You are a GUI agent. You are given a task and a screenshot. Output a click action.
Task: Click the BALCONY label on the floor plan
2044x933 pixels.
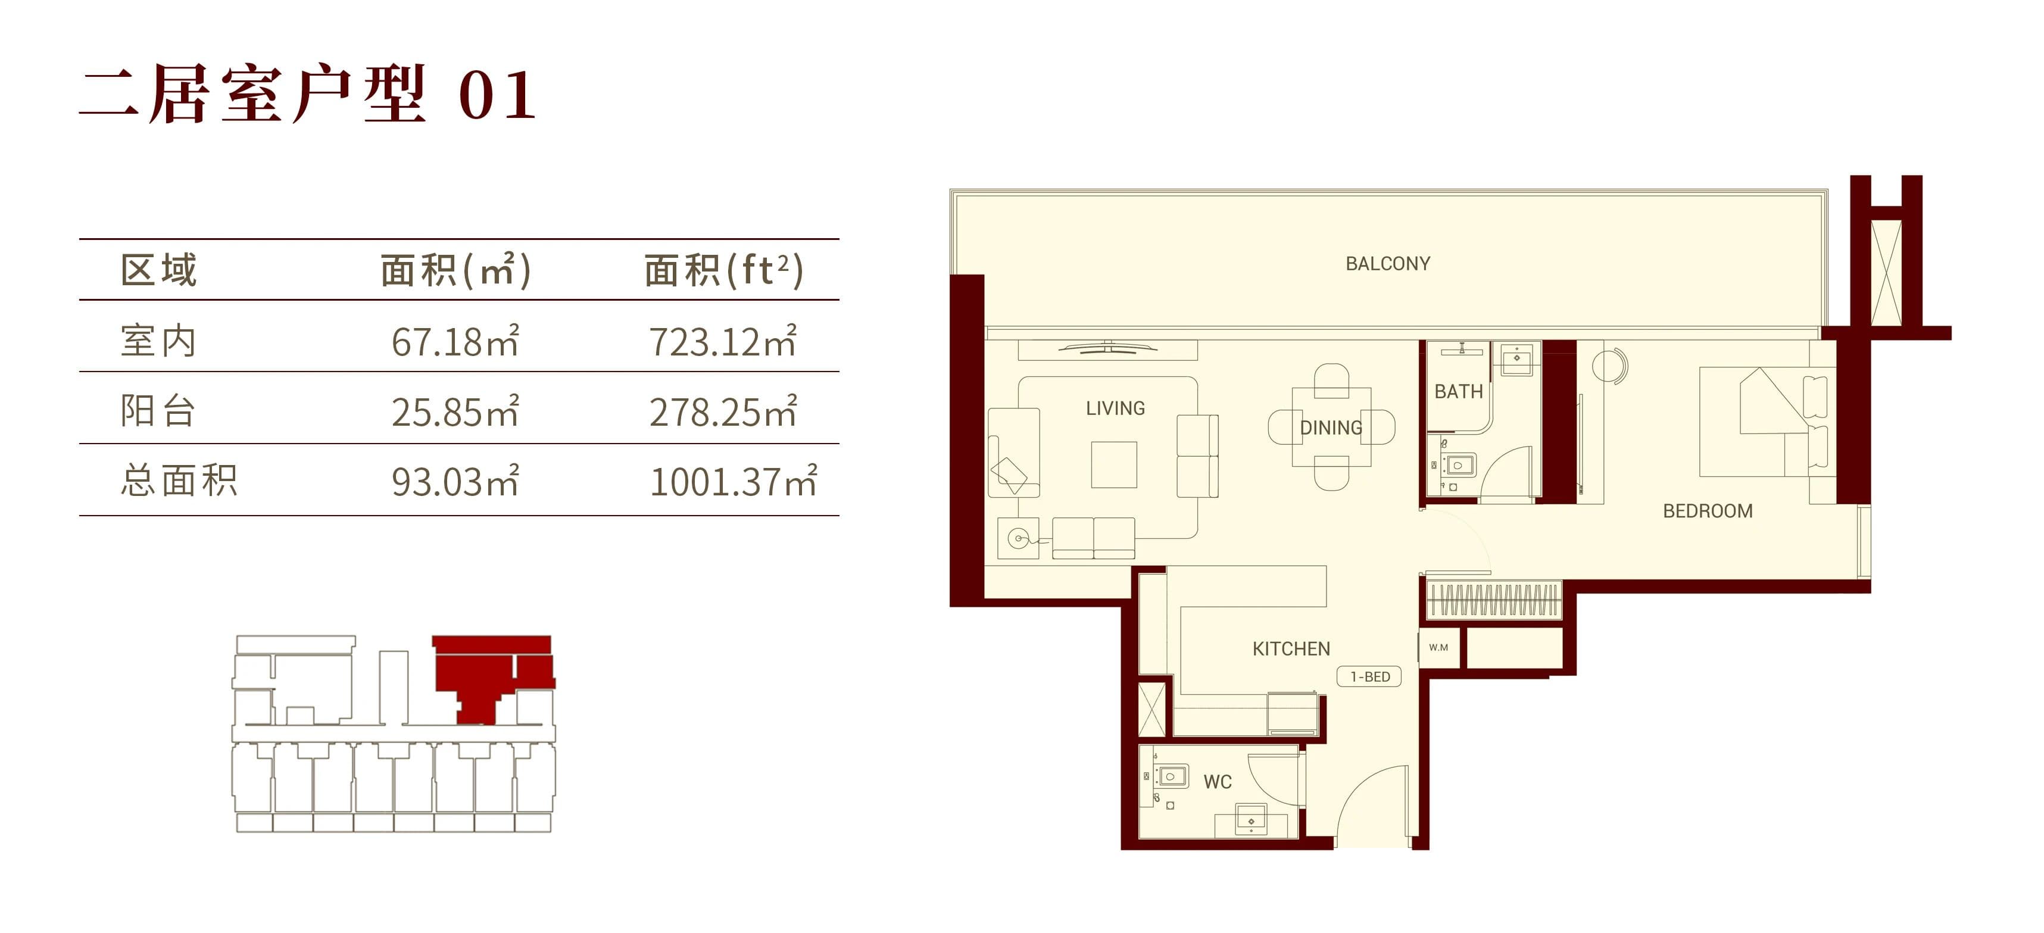tap(1388, 263)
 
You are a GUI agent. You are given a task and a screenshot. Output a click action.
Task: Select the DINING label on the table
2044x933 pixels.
tap(1331, 428)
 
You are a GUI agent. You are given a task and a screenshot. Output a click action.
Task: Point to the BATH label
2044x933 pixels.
tap(1458, 391)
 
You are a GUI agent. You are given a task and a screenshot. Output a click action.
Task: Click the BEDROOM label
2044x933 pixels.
tap(1708, 511)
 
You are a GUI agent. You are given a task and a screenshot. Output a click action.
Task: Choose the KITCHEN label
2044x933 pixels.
tap(1291, 649)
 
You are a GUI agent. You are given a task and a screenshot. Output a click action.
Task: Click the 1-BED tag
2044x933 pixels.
tap(1369, 677)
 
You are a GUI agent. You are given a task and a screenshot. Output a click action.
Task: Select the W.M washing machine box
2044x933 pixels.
tap(1438, 647)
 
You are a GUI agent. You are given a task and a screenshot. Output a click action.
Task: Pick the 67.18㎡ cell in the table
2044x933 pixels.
tap(455, 341)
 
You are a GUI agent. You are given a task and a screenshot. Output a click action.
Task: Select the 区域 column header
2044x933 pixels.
tap(159, 270)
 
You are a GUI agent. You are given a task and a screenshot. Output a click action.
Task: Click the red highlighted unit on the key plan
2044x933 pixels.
tap(492, 675)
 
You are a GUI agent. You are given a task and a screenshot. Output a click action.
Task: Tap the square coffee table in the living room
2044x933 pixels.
tap(1113, 464)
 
